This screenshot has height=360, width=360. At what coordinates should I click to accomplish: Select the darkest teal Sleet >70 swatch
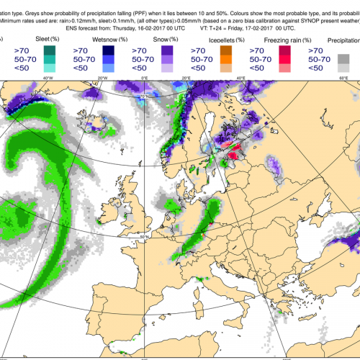tap(50, 50)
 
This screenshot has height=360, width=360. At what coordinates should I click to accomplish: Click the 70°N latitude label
tap(146, 96)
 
